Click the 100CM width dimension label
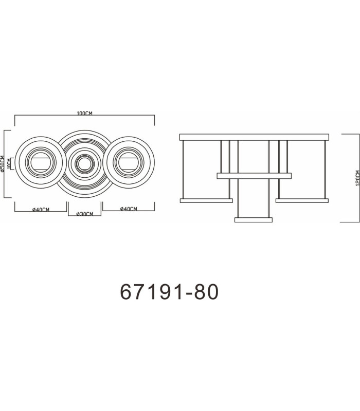(x=84, y=113)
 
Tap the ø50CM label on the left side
(x=3, y=164)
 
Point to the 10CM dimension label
(x=9, y=163)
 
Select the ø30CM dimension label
(x=84, y=214)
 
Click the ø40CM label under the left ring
(x=41, y=210)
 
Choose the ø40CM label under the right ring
(x=129, y=209)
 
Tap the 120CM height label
(x=357, y=178)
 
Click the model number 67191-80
(x=169, y=292)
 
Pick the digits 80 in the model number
(x=206, y=292)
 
